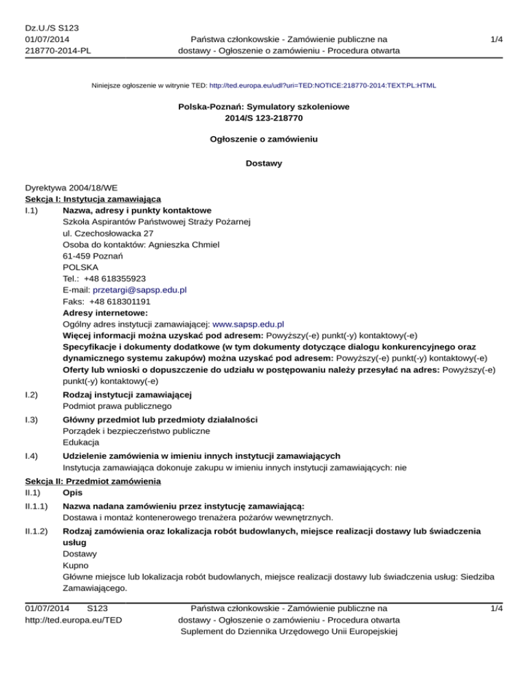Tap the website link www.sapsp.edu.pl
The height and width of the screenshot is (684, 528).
pos(250,323)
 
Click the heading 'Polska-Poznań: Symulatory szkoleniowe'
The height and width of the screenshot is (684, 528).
pos(263,108)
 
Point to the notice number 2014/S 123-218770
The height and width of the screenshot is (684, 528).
pos(263,119)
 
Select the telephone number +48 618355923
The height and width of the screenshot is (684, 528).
pos(115,279)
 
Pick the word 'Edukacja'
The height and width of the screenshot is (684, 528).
pos(80,442)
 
